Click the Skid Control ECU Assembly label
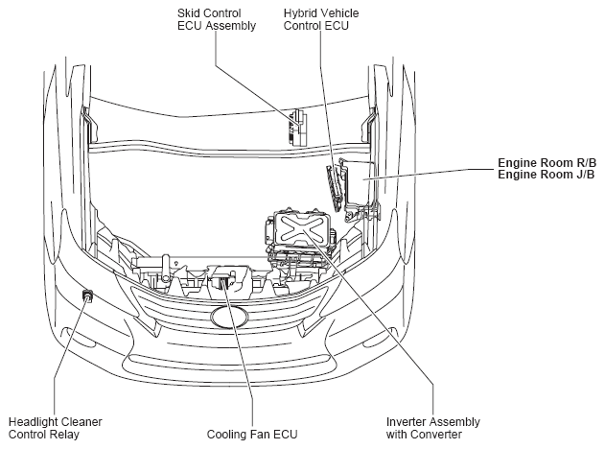pyautogui.click(x=217, y=20)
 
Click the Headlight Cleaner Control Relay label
pyautogui.click(x=55, y=428)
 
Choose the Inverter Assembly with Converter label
pyautogui.click(x=432, y=428)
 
